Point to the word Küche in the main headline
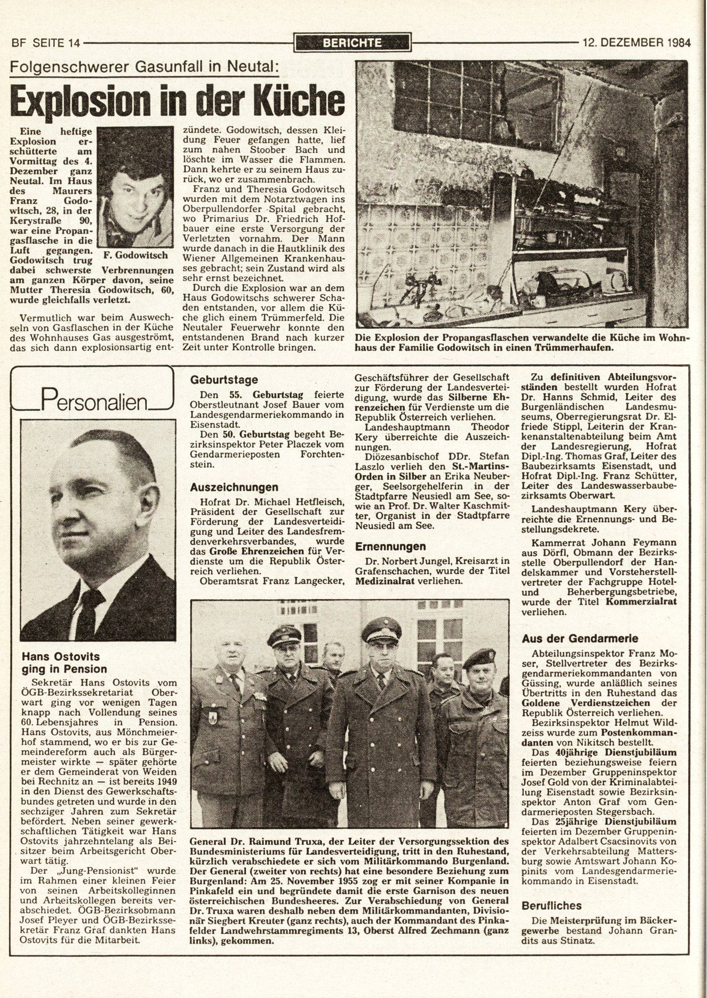293,100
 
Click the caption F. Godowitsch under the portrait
135,256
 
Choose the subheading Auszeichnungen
234,487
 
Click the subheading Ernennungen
390,546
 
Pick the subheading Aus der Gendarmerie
580,639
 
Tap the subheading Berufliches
552,905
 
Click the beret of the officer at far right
476,659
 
